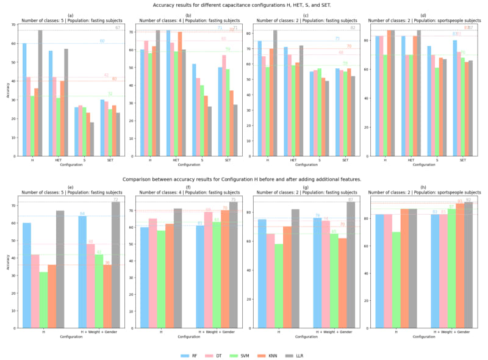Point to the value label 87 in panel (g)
point(351,200)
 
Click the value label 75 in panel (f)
point(233,200)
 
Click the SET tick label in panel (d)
point(462,160)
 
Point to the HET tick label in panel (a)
point(58,160)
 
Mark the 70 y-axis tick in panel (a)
point(13,25)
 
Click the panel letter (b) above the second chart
point(188,15)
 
